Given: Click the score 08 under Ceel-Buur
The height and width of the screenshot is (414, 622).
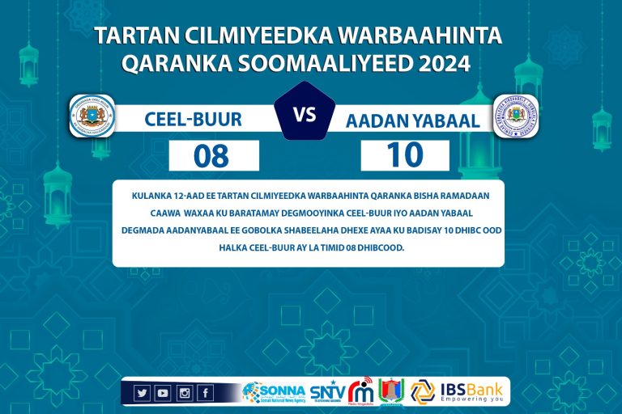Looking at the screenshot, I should click(x=212, y=155).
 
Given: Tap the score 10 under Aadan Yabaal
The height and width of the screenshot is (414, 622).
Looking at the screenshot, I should click(x=405, y=155).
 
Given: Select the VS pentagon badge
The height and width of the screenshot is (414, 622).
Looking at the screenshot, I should click(x=305, y=115).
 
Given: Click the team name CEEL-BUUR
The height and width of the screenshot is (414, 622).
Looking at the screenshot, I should click(x=193, y=120).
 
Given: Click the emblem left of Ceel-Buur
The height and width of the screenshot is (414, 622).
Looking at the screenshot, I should click(x=92, y=116).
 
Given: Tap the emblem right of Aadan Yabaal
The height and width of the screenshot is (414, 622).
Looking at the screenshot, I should click(x=516, y=116).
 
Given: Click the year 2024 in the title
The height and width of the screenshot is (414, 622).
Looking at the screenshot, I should click(x=444, y=63).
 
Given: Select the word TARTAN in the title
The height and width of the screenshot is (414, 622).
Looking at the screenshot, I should click(x=131, y=36).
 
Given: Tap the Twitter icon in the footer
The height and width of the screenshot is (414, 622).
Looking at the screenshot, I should click(x=143, y=393).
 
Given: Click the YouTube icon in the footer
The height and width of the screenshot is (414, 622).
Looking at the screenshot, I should click(x=163, y=393).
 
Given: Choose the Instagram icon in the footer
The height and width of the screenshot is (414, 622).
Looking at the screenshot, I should click(x=184, y=393).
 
